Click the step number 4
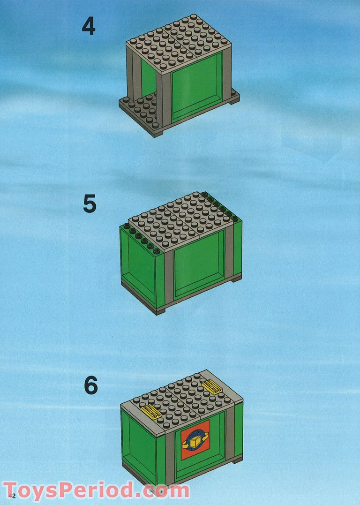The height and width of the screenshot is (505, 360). pyautogui.click(x=89, y=26)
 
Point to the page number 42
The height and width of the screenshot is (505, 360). pyautogui.click(x=12, y=495)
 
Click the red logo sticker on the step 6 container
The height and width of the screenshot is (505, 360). pyautogui.click(x=195, y=440)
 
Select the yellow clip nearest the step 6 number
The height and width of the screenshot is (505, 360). pyautogui.click(x=151, y=411)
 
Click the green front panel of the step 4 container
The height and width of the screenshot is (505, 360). pyautogui.click(x=197, y=88)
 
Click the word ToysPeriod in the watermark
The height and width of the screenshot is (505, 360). pyautogui.click(x=68, y=490)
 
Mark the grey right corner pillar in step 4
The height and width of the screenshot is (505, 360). pyautogui.click(x=227, y=74)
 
